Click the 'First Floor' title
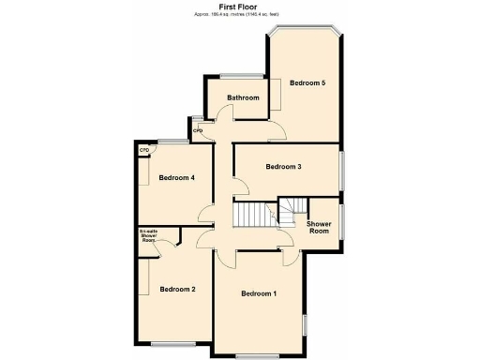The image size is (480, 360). [x=240, y=7]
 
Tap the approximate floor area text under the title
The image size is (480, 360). [x=240, y=15]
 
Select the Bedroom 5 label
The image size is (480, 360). [x=307, y=83]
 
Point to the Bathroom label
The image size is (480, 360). [x=242, y=97]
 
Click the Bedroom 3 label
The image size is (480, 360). [x=282, y=167]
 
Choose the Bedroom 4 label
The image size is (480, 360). [x=176, y=177]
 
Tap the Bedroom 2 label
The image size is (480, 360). [x=177, y=289]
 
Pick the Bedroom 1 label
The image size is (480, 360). [x=259, y=294]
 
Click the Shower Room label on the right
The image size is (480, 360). [x=320, y=228]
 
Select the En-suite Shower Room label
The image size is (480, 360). [x=148, y=235]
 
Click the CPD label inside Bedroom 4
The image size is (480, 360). [x=144, y=150]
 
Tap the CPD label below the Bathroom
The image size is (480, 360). [x=198, y=130]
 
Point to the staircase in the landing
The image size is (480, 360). [x=251, y=217]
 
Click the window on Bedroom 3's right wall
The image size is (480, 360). [x=341, y=169]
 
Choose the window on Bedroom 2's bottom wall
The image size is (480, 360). [x=174, y=344]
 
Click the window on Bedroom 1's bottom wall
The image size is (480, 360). [x=254, y=356]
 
